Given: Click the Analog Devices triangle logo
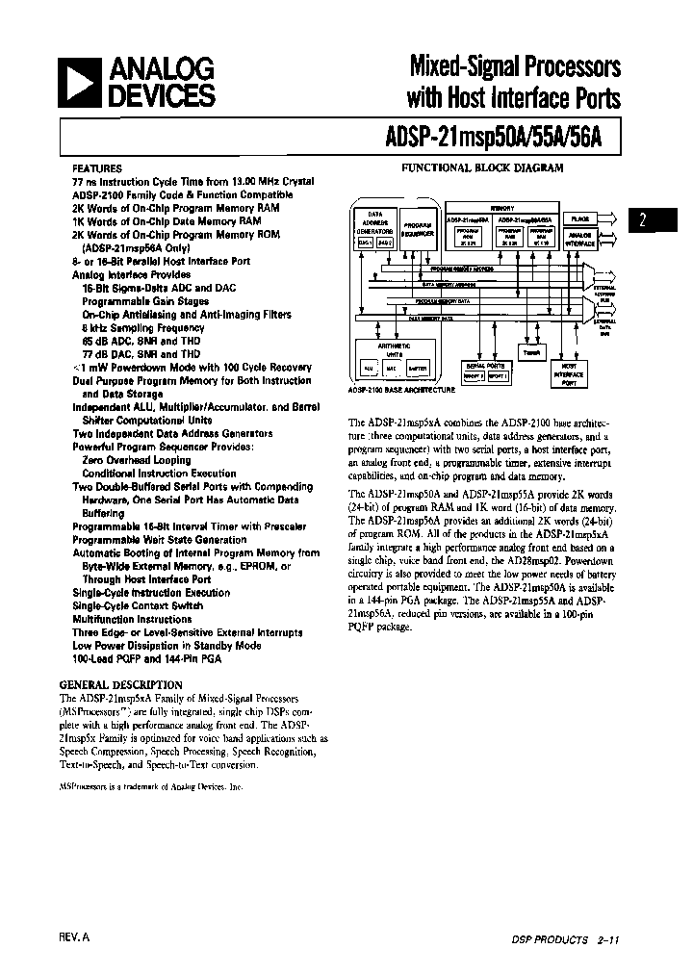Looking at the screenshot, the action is pos(85,82).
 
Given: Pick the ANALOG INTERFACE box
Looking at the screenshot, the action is pos(580,238).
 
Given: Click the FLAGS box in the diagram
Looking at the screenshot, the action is pos(578,219).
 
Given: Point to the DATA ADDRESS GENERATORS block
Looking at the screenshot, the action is pos(374,227).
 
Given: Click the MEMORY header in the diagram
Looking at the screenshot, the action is pos(500,206).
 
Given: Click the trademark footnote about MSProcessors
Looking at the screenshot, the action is pos(151,786).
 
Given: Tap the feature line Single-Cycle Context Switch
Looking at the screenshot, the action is pos(138,606).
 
